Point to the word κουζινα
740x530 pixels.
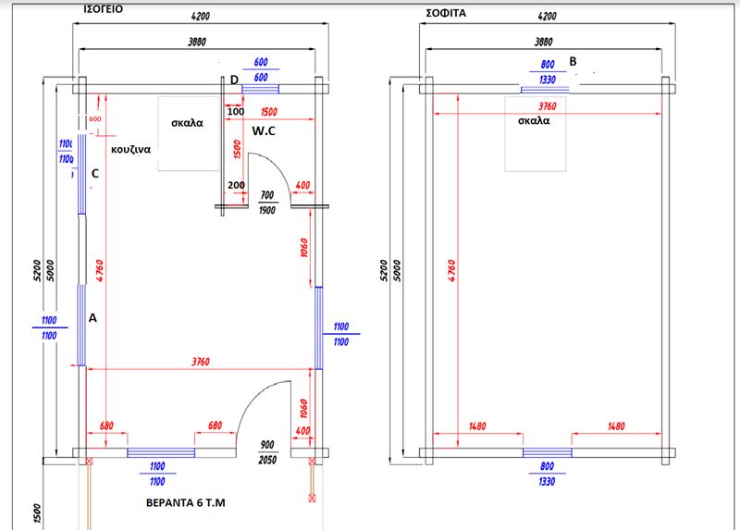click(x=131, y=148)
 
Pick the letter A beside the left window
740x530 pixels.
click(x=92, y=317)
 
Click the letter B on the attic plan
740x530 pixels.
click(x=573, y=61)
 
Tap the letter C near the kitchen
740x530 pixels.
click(x=95, y=173)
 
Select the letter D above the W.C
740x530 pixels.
click(x=234, y=80)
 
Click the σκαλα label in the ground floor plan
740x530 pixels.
click(x=188, y=122)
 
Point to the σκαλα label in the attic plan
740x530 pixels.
click(x=535, y=120)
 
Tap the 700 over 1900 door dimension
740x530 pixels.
click(x=267, y=203)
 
